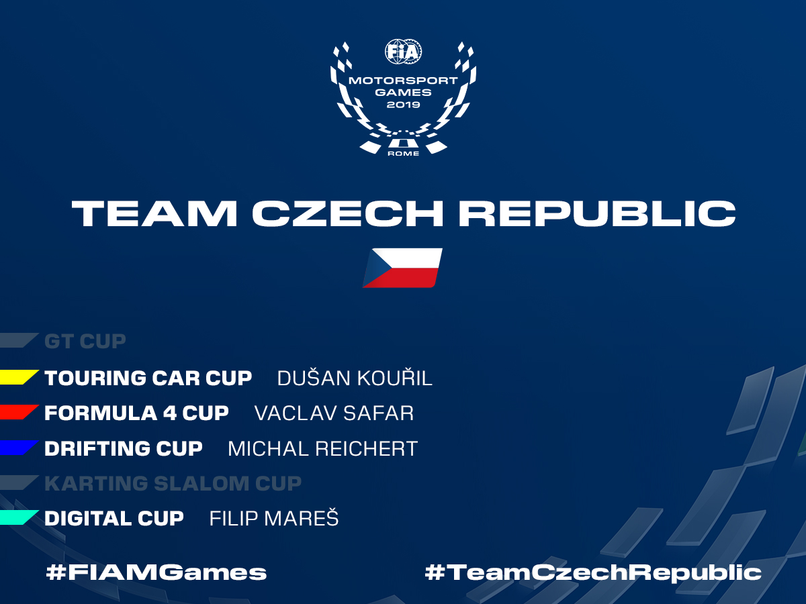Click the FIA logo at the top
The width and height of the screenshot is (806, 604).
pos(403,52)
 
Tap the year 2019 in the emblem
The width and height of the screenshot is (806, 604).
pos(403,105)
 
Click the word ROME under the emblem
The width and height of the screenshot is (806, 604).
pos(403,154)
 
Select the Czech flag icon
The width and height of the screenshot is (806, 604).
pos(402,268)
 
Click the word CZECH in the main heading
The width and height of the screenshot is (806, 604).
pos(348,213)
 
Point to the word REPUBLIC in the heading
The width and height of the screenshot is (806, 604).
pos(597,213)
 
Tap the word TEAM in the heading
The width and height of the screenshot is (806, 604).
pos(154,213)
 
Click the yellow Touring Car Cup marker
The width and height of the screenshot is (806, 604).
pos(19,377)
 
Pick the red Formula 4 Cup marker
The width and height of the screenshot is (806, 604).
pos(19,412)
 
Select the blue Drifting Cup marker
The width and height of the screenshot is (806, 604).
pos(19,448)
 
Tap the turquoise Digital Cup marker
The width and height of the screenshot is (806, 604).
pos(19,517)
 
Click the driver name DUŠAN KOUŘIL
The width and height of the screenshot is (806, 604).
pos(355,377)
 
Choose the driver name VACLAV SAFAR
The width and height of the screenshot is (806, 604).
pos(334,413)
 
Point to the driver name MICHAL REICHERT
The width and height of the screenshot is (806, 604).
pos(323,448)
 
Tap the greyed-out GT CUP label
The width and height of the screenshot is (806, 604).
pos(85,341)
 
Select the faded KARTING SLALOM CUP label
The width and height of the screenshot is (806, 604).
pos(173,483)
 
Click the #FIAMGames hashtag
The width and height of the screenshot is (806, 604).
pos(156,572)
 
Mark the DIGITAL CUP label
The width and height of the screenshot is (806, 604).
pos(114,518)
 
